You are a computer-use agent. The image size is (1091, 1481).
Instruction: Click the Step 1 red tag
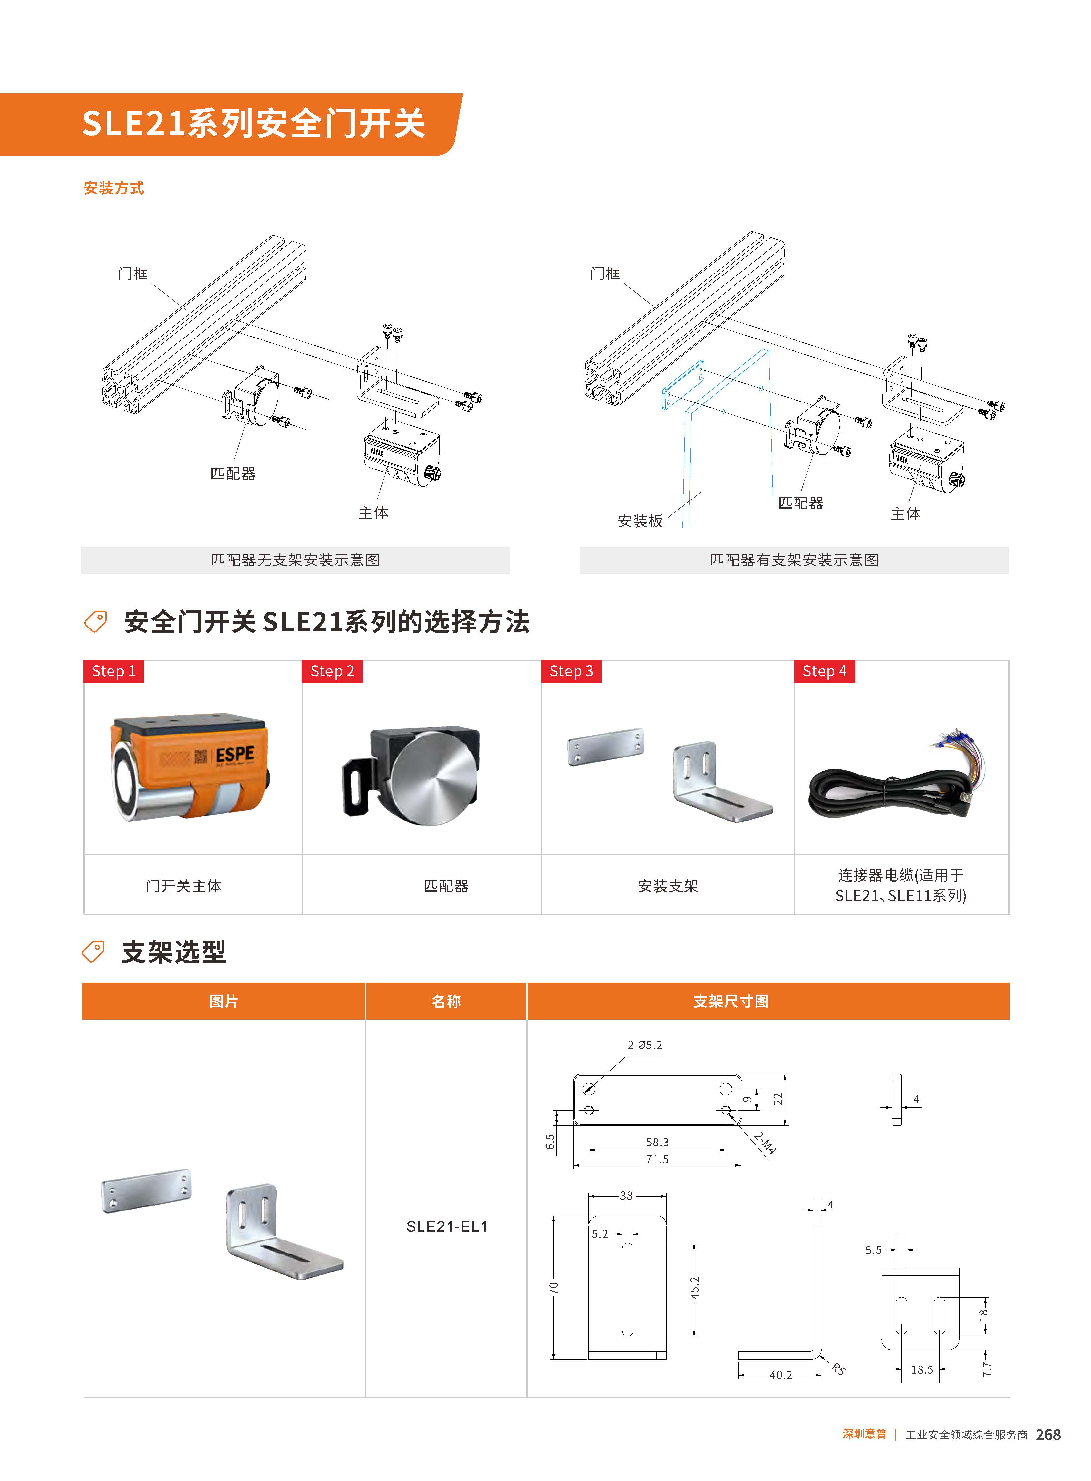click(x=113, y=671)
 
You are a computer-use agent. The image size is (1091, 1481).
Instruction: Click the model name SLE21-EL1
click(x=447, y=1227)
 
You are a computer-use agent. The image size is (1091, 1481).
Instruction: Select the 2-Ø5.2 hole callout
click(x=644, y=1045)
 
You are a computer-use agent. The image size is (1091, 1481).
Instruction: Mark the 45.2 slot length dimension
click(x=695, y=1288)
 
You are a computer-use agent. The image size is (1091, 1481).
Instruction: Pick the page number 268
click(x=1048, y=1435)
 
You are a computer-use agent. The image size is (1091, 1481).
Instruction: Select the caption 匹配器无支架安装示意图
click(x=295, y=560)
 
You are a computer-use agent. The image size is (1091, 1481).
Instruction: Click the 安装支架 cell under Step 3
click(x=668, y=886)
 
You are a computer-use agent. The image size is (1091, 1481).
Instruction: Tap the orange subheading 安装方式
click(x=113, y=188)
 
